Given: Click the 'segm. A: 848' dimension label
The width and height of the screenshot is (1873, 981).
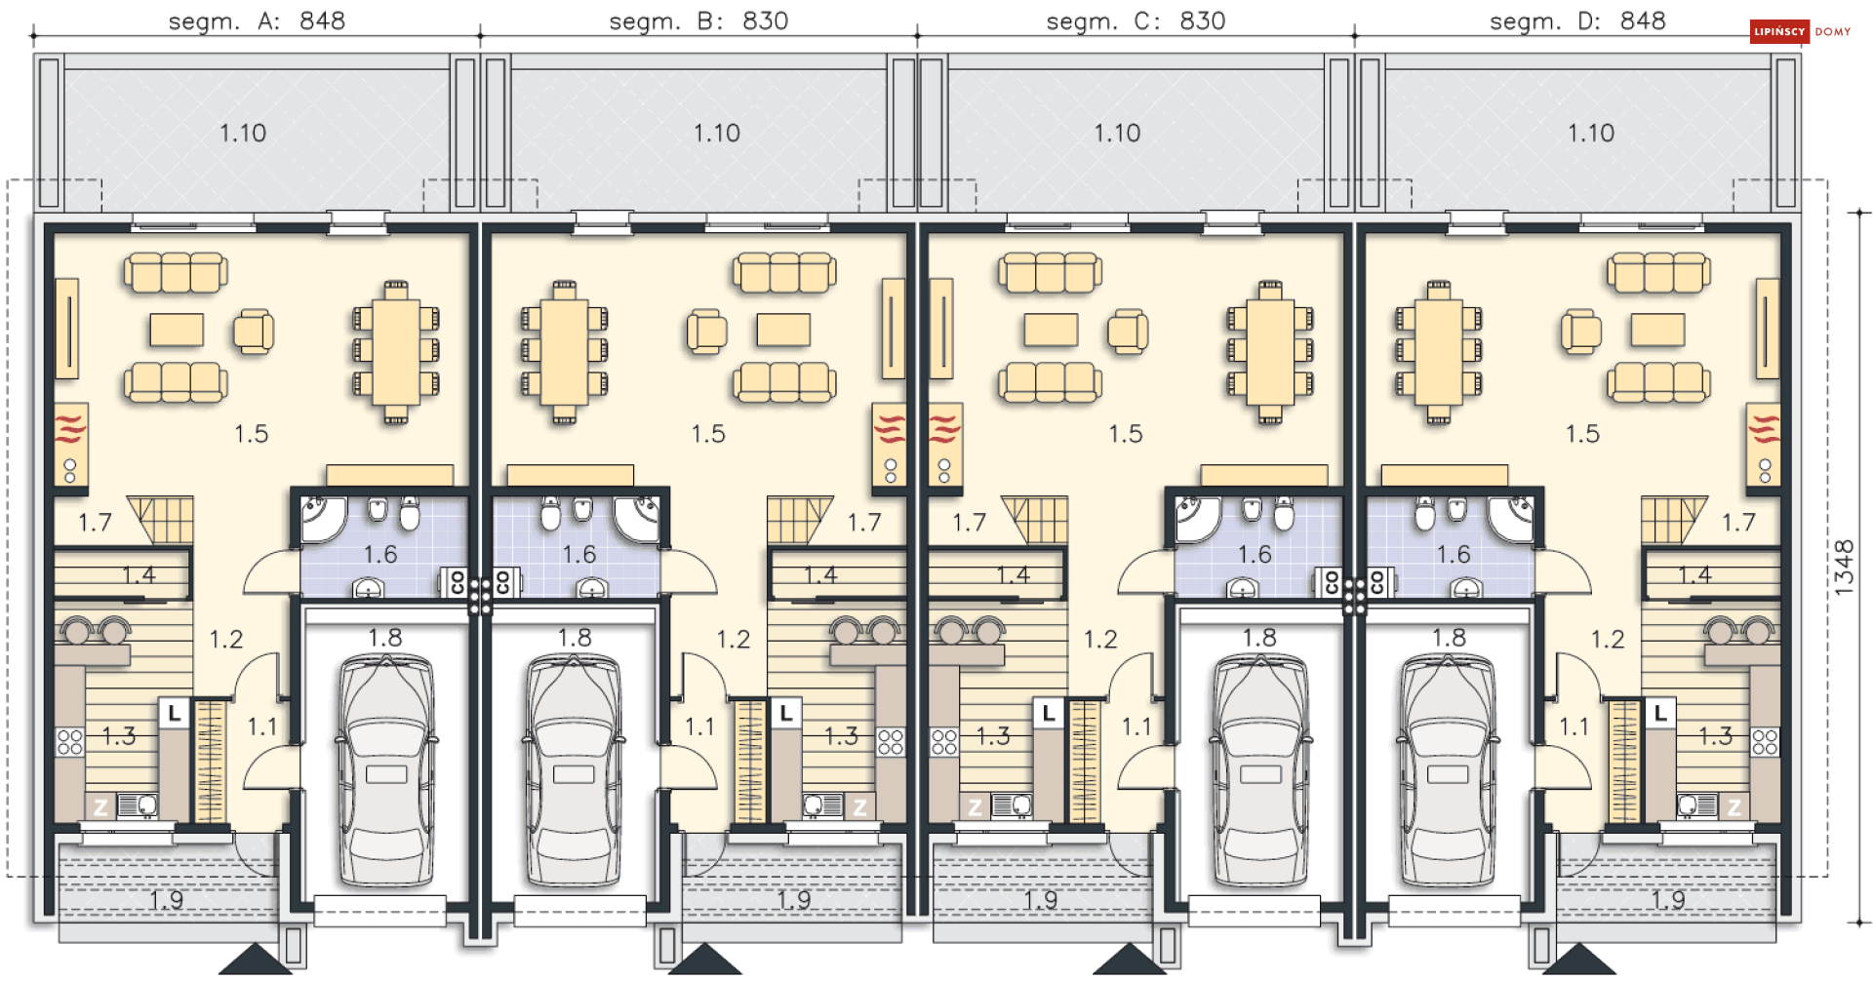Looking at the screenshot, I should [257, 21].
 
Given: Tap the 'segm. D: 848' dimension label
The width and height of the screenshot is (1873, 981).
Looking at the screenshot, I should [1576, 21].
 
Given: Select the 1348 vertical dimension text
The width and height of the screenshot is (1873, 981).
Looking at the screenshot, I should [1843, 568].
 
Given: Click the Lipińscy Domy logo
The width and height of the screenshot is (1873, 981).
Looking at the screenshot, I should [1800, 32].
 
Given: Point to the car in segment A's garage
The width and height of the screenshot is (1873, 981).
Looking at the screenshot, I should [386, 770].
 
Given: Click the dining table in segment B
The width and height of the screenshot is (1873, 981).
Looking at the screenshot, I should [564, 351].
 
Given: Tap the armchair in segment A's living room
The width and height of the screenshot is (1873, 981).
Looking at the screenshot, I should [254, 332].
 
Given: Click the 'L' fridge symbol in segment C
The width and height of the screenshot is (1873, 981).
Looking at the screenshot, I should [1049, 713].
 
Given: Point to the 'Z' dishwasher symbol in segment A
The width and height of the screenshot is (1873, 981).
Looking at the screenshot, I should [100, 807].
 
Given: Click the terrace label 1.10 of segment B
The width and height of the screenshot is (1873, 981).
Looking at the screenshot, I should [716, 133].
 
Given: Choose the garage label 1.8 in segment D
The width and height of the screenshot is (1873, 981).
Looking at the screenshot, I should [1449, 638].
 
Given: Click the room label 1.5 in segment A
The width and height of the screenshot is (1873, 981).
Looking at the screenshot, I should [251, 434].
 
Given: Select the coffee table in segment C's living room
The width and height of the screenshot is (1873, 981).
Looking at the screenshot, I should [1051, 330].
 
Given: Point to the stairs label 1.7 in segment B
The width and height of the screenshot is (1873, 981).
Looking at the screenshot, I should [863, 524].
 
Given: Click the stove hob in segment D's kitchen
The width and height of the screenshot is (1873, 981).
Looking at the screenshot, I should [1765, 742].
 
